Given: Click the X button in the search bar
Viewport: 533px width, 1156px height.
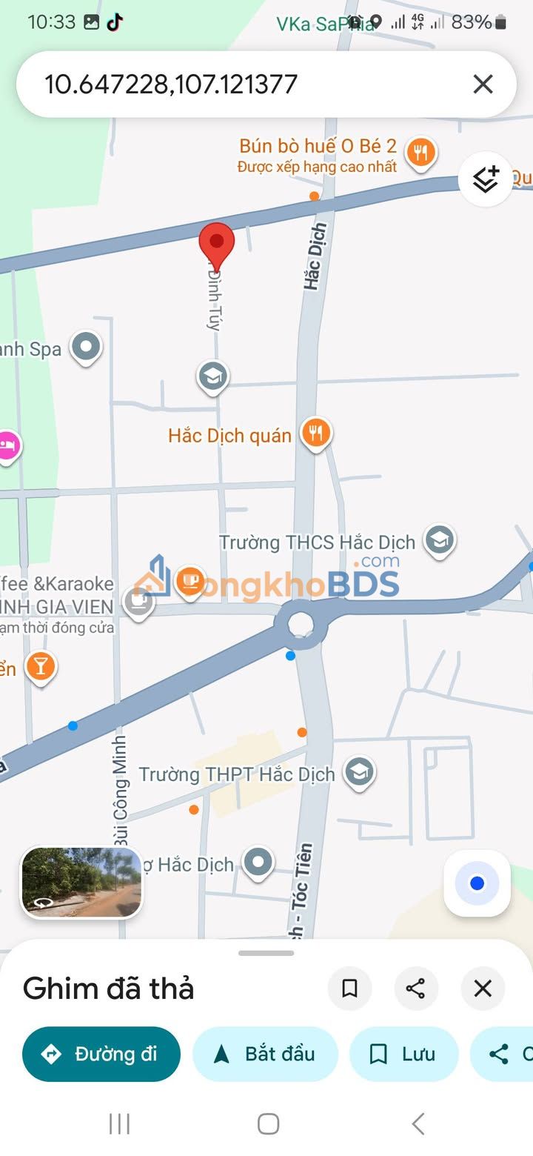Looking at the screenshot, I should (483, 84).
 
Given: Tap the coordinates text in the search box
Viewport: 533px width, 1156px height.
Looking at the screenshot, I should (171, 84).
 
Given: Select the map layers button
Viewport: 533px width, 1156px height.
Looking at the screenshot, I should (485, 179).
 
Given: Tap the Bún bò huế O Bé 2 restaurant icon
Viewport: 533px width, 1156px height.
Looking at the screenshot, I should (420, 152).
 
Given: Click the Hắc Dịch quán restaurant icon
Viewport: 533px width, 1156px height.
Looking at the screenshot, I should (316, 433).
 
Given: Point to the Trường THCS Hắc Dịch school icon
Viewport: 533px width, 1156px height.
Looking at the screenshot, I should (439, 540).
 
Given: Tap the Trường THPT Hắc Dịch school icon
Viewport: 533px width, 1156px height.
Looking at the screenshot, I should (359, 772).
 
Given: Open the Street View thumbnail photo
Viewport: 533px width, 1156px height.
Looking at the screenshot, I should (81, 882).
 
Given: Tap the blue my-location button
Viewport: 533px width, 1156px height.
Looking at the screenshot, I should (477, 883).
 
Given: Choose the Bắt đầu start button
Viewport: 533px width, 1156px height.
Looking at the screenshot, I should (265, 1054).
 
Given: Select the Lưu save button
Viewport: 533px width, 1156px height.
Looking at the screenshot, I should (403, 1054).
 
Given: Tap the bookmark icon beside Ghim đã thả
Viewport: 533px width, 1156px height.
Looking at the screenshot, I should (349, 989).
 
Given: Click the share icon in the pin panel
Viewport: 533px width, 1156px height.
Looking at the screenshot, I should (415, 989).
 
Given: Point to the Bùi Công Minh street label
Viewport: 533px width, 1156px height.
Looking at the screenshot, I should (121, 790).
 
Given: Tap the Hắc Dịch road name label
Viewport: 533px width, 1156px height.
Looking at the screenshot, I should (315, 256).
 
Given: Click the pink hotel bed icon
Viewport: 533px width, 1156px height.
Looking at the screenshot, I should (7, 446).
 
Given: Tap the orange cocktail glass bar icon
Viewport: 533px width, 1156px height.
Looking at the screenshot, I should (41, 666).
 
